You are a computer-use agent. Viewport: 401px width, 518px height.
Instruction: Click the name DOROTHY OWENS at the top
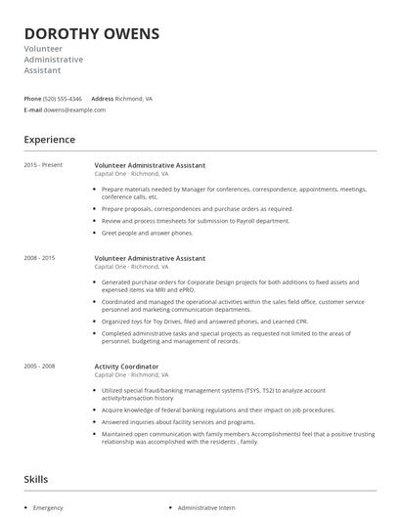[91, 34]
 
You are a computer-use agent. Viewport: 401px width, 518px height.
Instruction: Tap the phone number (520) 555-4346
[64, 99]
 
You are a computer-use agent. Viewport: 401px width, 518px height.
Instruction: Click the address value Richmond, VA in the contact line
[135, 99]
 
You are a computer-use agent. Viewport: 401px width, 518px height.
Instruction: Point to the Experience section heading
[49, 140]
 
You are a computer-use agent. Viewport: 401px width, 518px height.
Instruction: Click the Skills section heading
[36, 479]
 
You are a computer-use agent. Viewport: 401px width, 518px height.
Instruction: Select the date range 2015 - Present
[43, 165]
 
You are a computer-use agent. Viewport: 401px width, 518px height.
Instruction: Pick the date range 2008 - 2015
[40, 258]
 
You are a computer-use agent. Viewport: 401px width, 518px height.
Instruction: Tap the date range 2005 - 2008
[40, 366]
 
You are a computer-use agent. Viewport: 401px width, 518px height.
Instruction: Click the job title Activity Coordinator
[126, 366]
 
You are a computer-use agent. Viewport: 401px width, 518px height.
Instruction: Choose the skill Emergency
[48, 508]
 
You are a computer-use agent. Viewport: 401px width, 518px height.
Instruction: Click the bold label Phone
[32, 99]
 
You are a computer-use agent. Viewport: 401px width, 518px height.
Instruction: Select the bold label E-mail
[33, 110]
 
